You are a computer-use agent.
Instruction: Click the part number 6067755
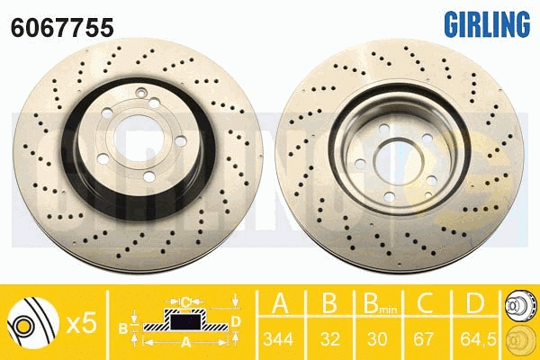click(62, 28)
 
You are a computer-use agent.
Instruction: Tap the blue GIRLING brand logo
click(487, 23)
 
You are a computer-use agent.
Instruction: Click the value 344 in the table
click(278, 339)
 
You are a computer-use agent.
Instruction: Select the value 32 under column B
click(330, 339)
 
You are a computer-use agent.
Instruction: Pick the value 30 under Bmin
click(377, 339)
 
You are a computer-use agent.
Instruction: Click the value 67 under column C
click(423, 339)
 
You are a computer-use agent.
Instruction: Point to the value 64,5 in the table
click(478, 339)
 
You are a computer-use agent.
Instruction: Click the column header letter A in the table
click(280, 303)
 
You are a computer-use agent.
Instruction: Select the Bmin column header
click(380, 303)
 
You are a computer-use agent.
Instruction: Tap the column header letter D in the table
click(475, 303)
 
